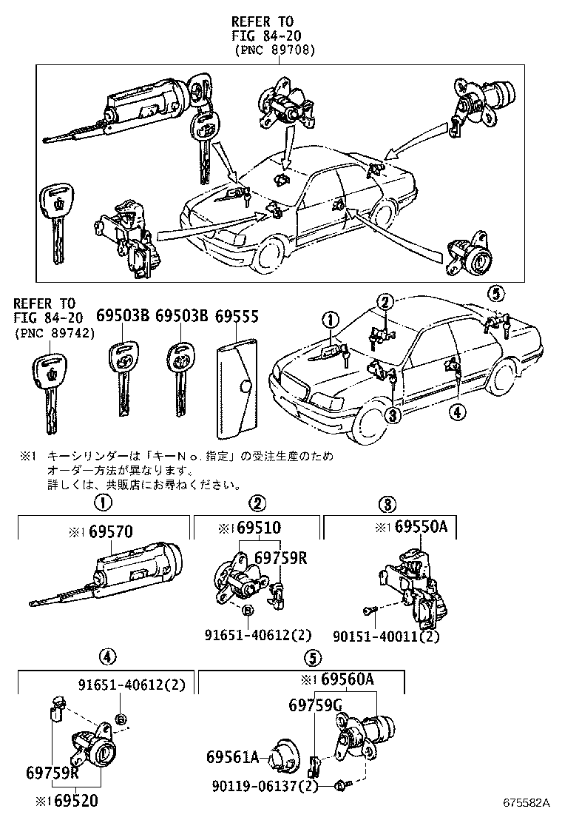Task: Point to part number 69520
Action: click(73, 801)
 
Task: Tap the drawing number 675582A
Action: click(528, 803)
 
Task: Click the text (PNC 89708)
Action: click(274, 50)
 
